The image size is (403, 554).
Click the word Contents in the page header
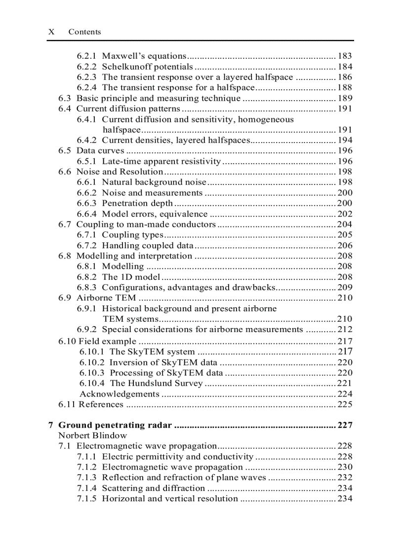point(84,32)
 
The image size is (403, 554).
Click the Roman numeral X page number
point(51,32)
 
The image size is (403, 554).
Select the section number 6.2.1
point(87,56)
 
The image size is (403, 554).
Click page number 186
point(345,77)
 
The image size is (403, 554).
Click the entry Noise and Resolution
point(120,172)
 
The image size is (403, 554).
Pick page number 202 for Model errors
point(345,214)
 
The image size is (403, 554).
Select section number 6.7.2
point(87,245)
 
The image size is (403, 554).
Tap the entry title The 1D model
point(131,277)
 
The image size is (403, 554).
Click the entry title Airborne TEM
point(106,297)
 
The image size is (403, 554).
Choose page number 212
point(345,329)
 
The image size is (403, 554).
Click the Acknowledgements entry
point(120,394)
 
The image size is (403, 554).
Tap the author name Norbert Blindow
point(92,435)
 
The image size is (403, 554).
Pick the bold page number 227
point(345,425)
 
